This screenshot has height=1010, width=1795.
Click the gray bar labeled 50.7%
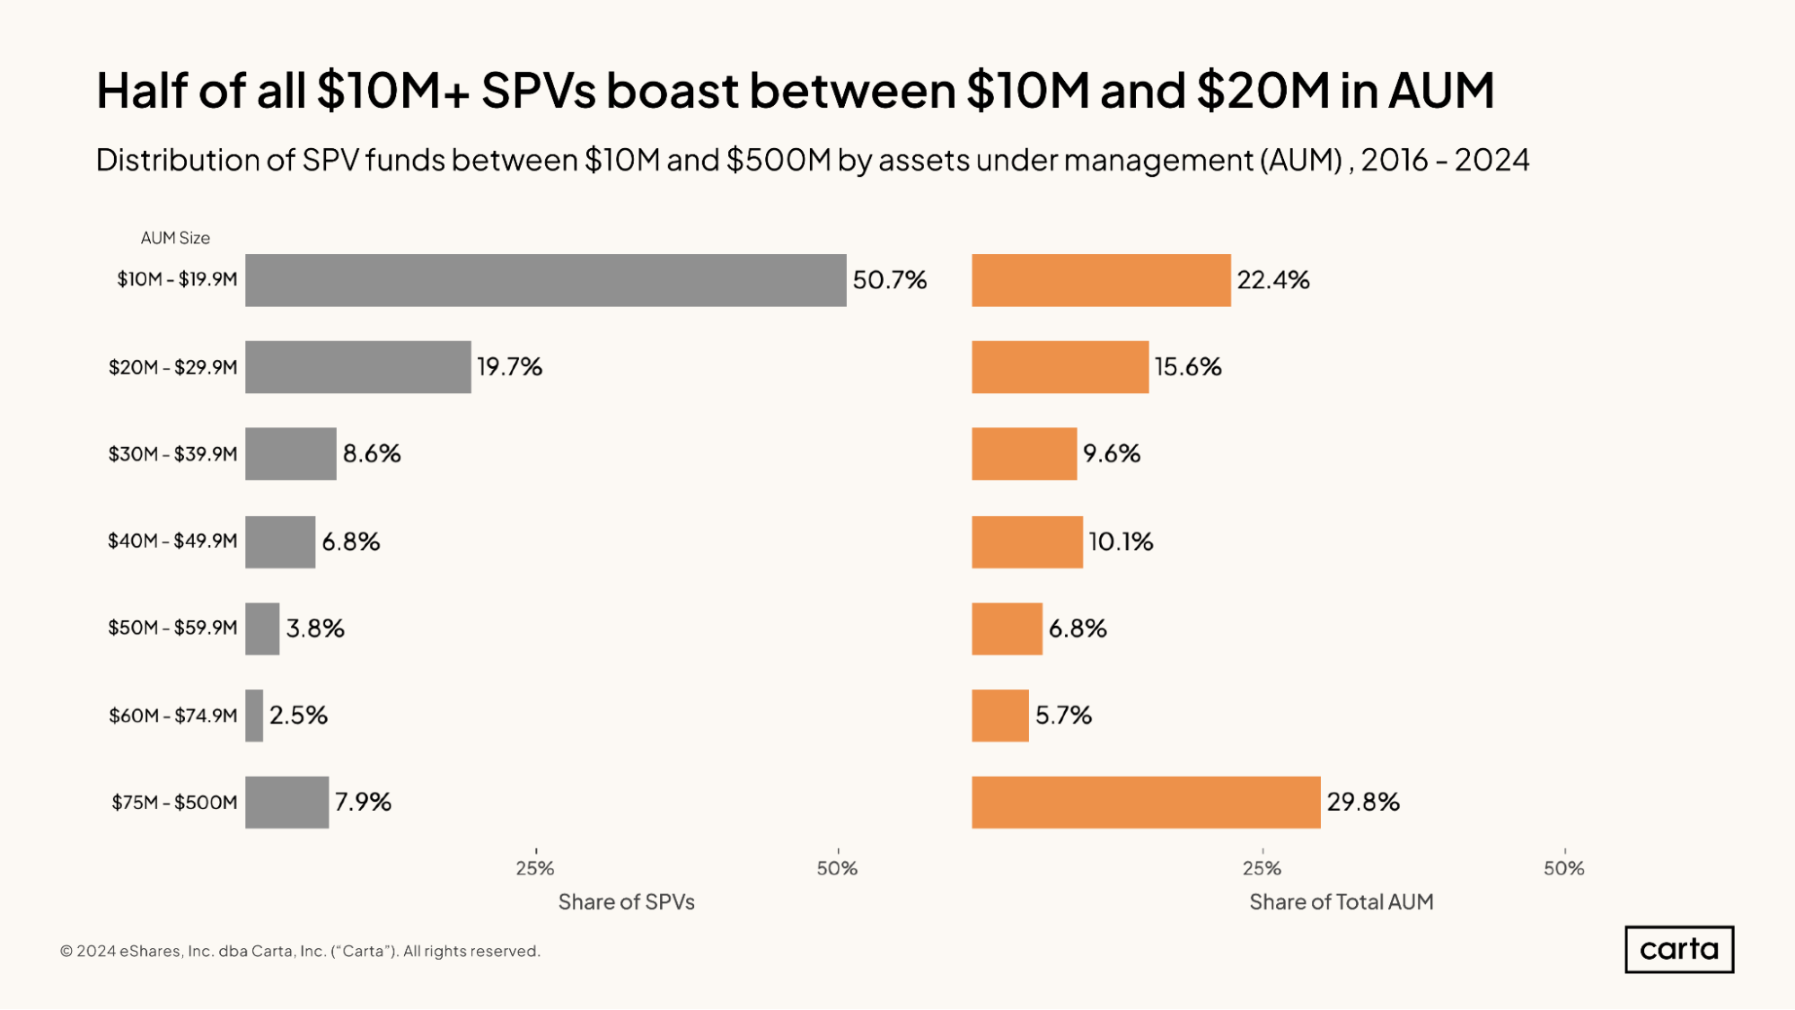click(x=545, y=280)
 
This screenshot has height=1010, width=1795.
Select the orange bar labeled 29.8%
click(x=1145, y=802)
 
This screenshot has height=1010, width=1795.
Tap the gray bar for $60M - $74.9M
click(x=254, y=716)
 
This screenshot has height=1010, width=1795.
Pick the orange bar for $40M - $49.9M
click(x=1026, y=541)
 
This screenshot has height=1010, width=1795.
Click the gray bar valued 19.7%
click(x=357, y=367)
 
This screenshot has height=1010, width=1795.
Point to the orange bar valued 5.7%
click(x=999, y=716)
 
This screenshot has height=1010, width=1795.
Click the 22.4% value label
click(x=1272, y=280)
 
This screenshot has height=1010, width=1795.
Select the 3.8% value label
click(x=315, y=628)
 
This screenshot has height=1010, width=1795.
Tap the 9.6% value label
click(x=1111, y=453)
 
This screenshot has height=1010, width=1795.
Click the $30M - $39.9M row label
click(x=172, y=454)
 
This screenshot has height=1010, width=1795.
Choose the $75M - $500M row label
click(x=174, y=803)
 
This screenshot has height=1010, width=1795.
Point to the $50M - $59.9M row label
click(x=172, y=628)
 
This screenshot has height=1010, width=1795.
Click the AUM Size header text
click(x=175, y=238)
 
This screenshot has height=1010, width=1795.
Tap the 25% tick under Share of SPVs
click(x=535, y=868)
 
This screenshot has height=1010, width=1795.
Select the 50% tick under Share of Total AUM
click(x=1563, y=868)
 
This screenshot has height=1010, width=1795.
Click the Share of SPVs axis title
click(x=626, y=901)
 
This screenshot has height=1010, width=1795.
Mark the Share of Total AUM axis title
click(x=1341, y=901)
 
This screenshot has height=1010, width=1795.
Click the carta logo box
click(x=1678, y=949)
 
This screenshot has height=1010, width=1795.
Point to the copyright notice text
click(x=300, y=951)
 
